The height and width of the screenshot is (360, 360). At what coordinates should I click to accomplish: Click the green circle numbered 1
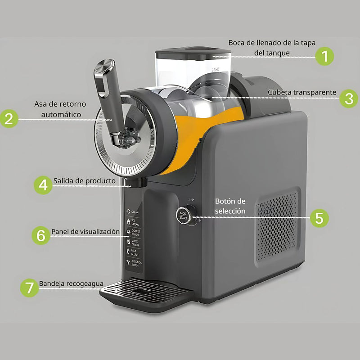[x=324, y=57]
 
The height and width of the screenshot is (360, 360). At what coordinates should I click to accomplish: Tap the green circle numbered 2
[x=9, y=119]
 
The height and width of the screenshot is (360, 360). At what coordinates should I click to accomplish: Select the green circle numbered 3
[x=349, y=99]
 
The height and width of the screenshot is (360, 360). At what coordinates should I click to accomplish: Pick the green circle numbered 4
[x=43, y=184]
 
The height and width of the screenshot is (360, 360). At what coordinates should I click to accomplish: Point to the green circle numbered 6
[x=41, y=235]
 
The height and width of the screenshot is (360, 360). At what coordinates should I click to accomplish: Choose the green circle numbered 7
[x=29, y=288]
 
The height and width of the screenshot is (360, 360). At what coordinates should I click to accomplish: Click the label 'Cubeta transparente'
[x=302, y=92]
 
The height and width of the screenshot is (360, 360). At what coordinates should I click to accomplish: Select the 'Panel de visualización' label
[x=85, y=231]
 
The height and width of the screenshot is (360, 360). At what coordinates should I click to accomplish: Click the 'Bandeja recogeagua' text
[x=71, y=284]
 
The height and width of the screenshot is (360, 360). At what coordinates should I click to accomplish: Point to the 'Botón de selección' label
[x=230, y=206]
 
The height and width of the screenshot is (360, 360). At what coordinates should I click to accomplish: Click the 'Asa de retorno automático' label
[x=60, y=109]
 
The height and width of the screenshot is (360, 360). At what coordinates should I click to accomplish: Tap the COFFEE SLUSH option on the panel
[x=134, y=232]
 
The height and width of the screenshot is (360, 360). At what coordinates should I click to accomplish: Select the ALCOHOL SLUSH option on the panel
[x=134, y=263]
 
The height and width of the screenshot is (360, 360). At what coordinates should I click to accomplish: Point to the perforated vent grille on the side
[x=277, y=225]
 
